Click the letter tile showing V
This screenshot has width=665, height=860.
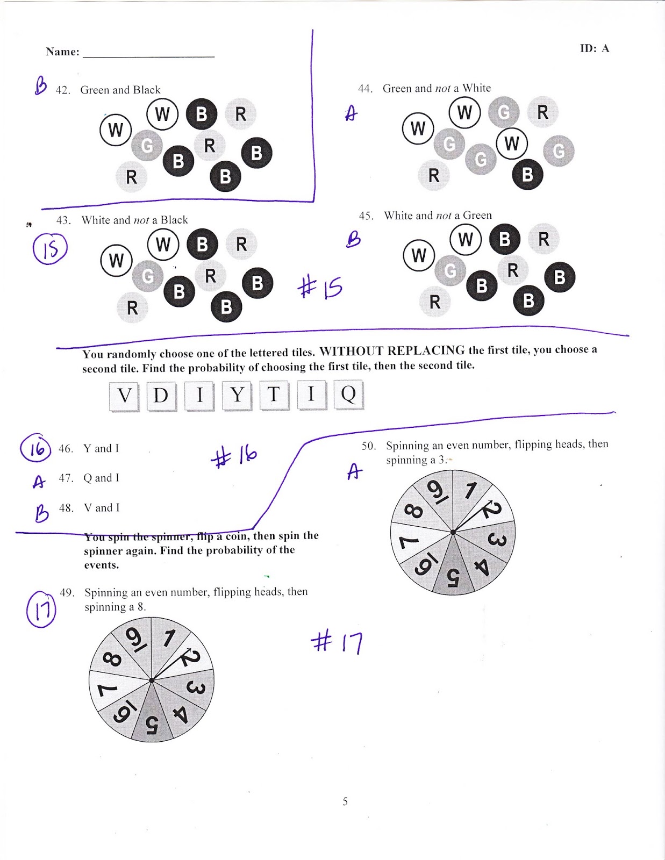tap(124, 396)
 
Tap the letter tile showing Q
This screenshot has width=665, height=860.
tap(348, 395)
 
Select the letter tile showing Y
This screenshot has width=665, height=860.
tap(237, 396)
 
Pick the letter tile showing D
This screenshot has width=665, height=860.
tap(161, 396)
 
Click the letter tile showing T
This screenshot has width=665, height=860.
tap(274, 395)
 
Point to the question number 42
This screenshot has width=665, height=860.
tap(63, 90)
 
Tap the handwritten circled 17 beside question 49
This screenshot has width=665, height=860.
tap(41, 609)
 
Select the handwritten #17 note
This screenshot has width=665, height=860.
tap(337, 641)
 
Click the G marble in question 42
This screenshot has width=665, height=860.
tap(147, 145)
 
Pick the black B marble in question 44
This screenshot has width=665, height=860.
tap(527, 174)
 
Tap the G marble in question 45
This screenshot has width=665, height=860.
tap(450, 271)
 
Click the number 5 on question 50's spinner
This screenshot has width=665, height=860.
tap(452, 578)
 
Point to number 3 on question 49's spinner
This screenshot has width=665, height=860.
tap(195, 687)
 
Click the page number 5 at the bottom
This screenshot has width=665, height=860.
tap(345, 801)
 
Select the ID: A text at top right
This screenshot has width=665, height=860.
tap(594, 48)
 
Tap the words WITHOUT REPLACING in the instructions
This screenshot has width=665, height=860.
tap(392, 351)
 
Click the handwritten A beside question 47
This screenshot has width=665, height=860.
tap(38, 482)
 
